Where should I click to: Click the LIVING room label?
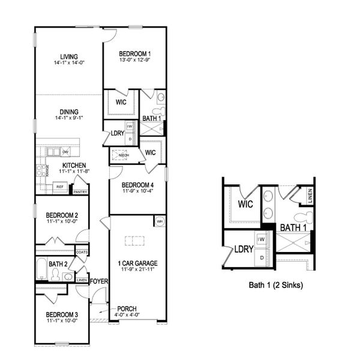coord(68,57)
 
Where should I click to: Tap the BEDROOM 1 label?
coord(134,53)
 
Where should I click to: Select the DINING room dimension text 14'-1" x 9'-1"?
coord(68,118)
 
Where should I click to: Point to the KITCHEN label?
coord(73,166)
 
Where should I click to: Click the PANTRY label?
coord(80,192)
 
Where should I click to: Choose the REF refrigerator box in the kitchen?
coord(59,187)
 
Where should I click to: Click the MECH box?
coord(124,155)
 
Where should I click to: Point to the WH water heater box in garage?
coord(160,221)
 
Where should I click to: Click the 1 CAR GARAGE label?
coord(137,262)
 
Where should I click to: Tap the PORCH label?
coord(127,309)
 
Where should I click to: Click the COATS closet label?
coord(82,252)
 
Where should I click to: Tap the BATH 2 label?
coord(58,264)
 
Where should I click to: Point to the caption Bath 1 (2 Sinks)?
coord(276,286)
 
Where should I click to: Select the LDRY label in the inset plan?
coord(243,248)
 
